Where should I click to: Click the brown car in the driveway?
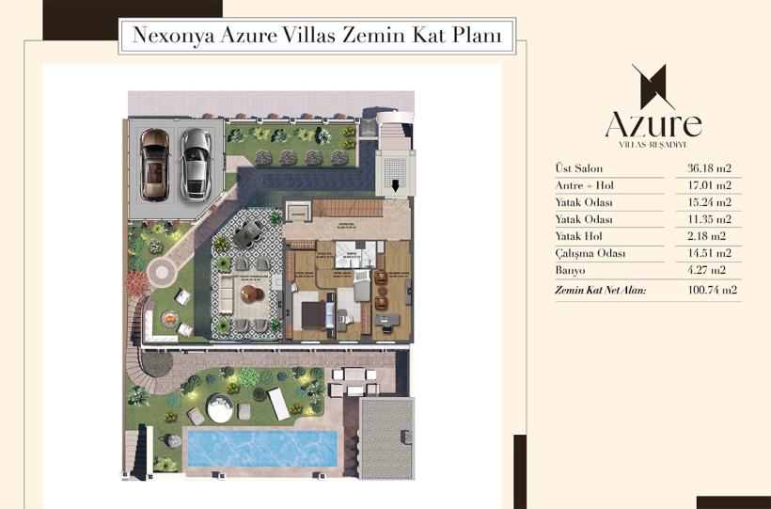[x=154, y=164]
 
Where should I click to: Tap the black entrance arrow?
[x=395, y=186]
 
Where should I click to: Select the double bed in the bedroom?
[x=317, y=310]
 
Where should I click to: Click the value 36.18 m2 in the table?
[x=710, y=168]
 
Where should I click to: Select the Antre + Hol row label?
[x=583, y=185]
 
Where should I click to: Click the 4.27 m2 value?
[x=710, y=271]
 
